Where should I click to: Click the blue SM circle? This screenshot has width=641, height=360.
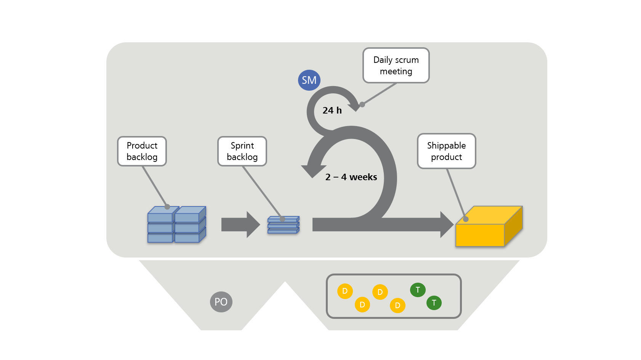pyautogui.click(x=309, y=80)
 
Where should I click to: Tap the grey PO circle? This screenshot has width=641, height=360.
pyautogui.click(x=221, y=302)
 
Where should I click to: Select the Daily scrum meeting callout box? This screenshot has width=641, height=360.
pyautogui.click(x=396, y=66)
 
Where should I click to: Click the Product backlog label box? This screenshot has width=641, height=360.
pyautogui.click(x=142, y=151)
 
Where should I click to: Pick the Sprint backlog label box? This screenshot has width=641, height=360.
pyautogui.click(x=242, y=151)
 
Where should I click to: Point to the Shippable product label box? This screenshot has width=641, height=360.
pyautogui.click(x=446, y=151)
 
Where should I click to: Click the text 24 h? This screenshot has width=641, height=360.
pyautogui.click(x=332, y=110)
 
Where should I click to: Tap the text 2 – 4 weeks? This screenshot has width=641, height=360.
pyautogui.click(x=351, y=177)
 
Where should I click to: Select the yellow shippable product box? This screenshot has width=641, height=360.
pyautogui.click(x=488, y=229)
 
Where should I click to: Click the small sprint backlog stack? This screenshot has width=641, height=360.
pyautogui.click(x=283, y=225)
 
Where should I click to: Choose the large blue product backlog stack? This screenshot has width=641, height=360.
pyautogui.click(x=176, y=225)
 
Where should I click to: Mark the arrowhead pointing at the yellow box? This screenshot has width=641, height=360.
pyautogui.click(x=446, y=225)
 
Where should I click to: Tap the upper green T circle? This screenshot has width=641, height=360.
pyautogui.click(x=418, y=290)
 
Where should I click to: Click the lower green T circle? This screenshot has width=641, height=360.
pyautogui.click(x=434, y=303)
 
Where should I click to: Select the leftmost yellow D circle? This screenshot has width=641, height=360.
pyautogui.click(x=345, y=291)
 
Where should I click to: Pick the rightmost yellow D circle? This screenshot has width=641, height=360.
pyautogui.click(x=397, y=305)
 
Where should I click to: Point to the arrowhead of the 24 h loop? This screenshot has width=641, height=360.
pyautogui.click(x=354, y=107)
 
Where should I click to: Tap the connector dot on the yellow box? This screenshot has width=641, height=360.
pyautogui.click(x=466, y=219)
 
